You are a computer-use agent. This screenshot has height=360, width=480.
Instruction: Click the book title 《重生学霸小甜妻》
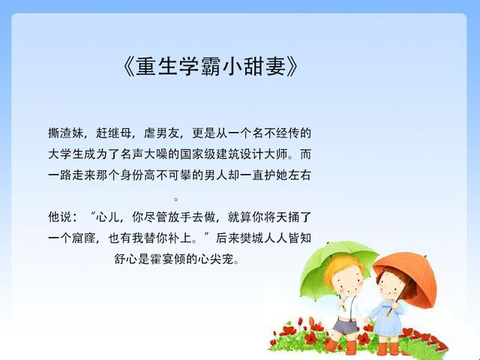click(210, 67)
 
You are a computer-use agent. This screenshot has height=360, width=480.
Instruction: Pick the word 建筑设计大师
click(252, 154)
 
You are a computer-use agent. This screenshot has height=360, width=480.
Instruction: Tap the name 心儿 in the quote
click(107, 217)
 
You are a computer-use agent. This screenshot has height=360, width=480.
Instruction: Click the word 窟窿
click(83, 238)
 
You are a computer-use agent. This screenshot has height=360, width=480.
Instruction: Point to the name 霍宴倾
click(168, 259)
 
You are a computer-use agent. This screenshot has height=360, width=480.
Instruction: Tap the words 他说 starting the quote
click(60, 217)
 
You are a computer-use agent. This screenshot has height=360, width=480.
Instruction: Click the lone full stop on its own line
click(176, 199)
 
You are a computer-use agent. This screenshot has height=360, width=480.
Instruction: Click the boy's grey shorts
click(345, 326)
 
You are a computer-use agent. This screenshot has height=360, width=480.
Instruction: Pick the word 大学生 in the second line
click(66, 154)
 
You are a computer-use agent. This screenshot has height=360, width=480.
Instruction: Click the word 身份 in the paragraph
click(132, 175)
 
